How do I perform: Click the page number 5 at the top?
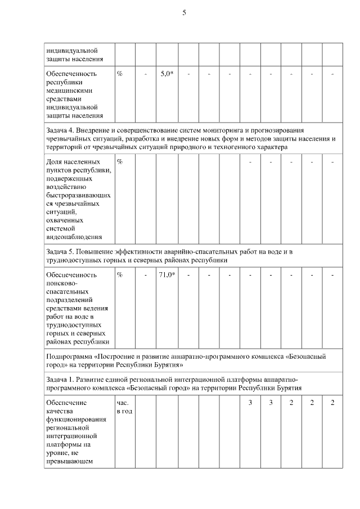click(x=184, y=13)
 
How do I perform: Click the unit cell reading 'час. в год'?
click(x=124, y=408)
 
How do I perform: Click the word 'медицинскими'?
click(x=70, y=90)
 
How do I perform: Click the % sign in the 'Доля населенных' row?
click(x=120, y=162)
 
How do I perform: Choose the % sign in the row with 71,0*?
click(x=120, y=275)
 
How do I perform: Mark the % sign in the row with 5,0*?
click(x=120, y=74)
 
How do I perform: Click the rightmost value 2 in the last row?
click(x=332, y=403)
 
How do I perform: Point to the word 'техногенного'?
click(x=246, y=146)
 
